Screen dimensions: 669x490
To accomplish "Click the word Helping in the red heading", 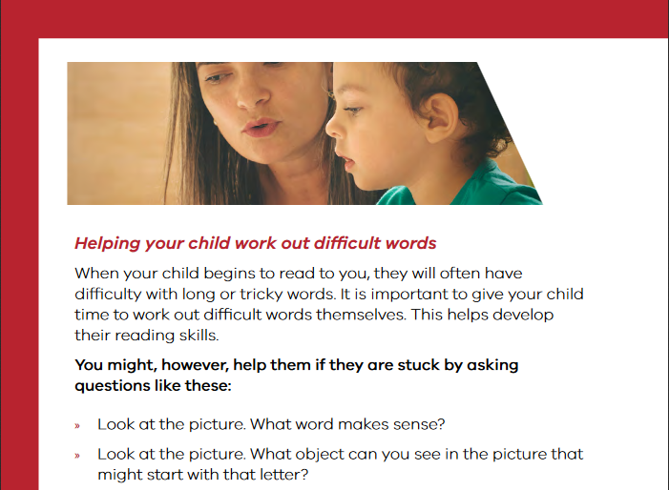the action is (108, 244).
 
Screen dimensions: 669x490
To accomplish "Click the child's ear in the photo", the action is (442, 118).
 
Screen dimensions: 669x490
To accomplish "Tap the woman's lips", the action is (261, 128).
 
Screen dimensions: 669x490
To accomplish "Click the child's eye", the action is (352, 110).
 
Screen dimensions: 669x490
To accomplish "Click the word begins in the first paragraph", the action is (230, 274).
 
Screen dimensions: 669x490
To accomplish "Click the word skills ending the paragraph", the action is (199, 336).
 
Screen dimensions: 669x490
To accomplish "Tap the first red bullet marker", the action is (77, 426).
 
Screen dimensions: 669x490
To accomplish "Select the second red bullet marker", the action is (77, 456).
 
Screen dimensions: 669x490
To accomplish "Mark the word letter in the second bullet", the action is (282, 474).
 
